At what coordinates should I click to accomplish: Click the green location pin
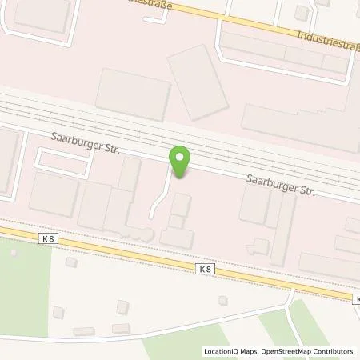(x=181, y=160)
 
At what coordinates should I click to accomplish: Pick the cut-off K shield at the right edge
(x=355, y=298)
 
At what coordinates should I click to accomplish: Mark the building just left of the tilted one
(x=133, y=94)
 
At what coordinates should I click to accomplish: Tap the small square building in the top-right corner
(x=301, y=12)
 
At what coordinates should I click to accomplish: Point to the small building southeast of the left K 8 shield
(x=70, y=262)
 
